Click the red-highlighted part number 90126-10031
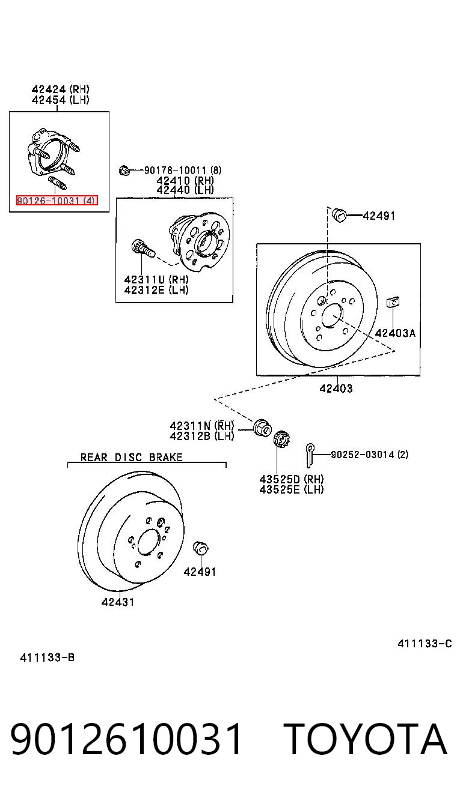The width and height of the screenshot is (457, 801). pyautogui.click(x=57, y=201)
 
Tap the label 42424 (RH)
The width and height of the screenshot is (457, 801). pyautogui.click(x=61, y=89)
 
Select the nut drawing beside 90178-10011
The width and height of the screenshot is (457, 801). pyautogui.click(x=124, y=170)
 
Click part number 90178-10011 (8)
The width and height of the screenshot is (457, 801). pyautogui.click(x=183, y=170)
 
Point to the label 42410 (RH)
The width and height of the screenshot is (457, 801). pyautogui.click(x=185, y=180)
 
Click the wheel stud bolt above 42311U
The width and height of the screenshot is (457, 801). pyautogui.click(x=142, y=248)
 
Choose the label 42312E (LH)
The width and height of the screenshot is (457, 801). pyautogui.click(x=156, y=289)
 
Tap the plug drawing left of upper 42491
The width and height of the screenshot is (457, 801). pyautogui.click(x=338, y=214)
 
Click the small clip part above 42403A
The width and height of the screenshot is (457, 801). pyautogui.click(x=393, y=302)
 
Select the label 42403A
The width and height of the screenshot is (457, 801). pyautogui.click(x=395, y=333)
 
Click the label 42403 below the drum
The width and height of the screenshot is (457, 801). pyautogui.click(x=336, y=388)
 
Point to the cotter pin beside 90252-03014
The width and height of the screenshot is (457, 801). pyautogui.click(x=310, y=455)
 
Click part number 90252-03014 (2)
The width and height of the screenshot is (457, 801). pyautogui.click(x=369, y=455)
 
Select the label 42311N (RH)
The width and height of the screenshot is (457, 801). pyautogui.click(x=201, y=426)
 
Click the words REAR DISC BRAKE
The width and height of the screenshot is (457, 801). pyautogui.click(x=132, y=458)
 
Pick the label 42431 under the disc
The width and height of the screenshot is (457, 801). pyautogui.click(x=118, y=602)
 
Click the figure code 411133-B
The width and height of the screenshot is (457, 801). pyautogui.click(x=48, y=657)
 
